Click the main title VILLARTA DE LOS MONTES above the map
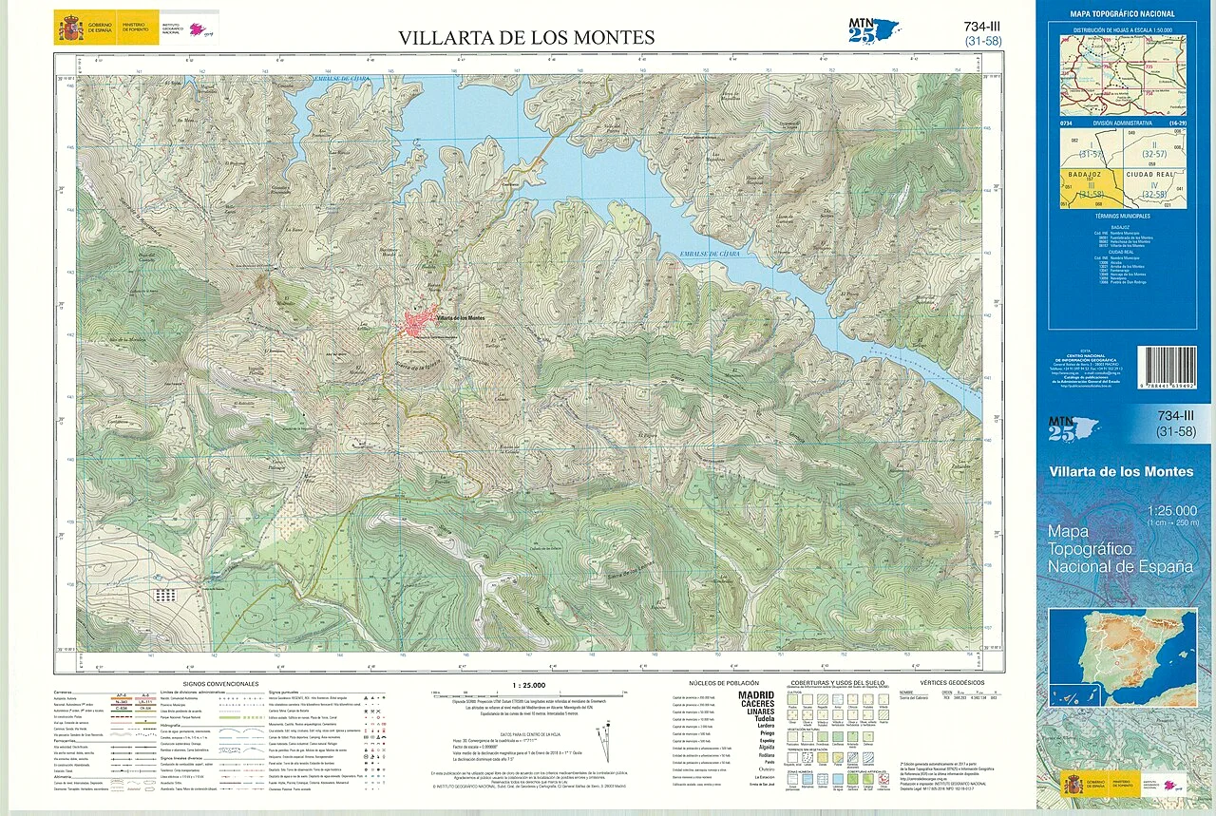pos(526,38)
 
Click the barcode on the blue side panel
pos(1166,367)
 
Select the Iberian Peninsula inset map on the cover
pos(1122,656)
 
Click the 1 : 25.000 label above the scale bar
pos(527,684)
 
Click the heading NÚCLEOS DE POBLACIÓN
pos(724,684)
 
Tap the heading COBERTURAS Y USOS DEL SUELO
pos(837,684)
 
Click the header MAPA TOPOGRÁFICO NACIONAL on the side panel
pos(1122,13)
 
